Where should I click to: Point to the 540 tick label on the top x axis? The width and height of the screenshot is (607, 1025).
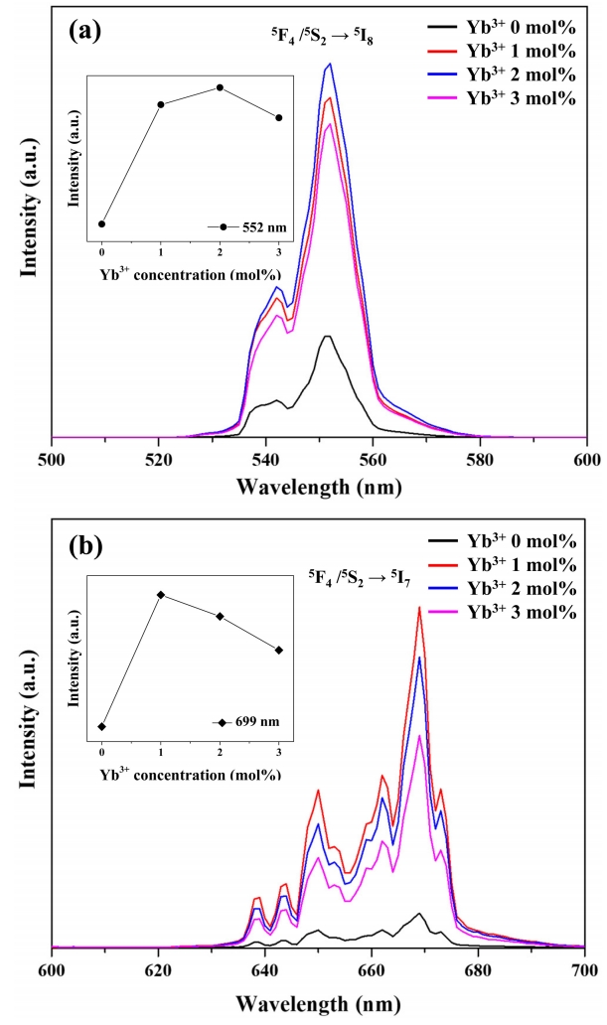click(x=265, y=460)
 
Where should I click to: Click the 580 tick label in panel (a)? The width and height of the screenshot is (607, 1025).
click(x=480, y=460)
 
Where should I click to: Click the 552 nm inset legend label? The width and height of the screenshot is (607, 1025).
click(x=264, y=226)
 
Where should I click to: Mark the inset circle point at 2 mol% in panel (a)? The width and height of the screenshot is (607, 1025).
click(x=221, y=87)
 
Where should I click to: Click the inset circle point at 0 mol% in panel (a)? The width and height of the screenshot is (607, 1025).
click(x=101, y=224)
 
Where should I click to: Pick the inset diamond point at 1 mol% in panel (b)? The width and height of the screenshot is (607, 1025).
click(x=161, y=595)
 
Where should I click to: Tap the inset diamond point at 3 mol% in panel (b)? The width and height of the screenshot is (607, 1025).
click(x=279, y=651)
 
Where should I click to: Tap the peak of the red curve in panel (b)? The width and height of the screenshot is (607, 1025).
click(x=420, y=607)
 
